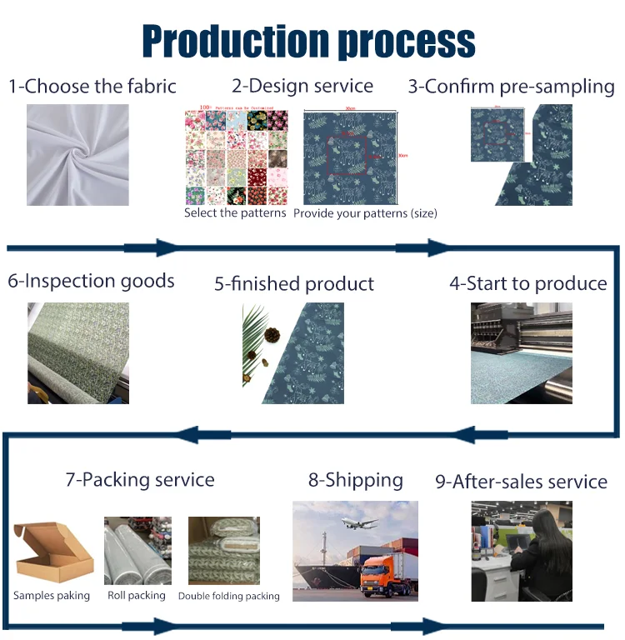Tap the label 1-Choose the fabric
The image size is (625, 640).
(92, 86)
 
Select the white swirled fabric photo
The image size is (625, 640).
(77, 155)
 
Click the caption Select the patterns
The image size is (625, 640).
(235, 213)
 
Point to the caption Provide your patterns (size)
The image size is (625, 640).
(365, 213)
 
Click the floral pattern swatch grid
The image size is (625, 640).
(236, 157)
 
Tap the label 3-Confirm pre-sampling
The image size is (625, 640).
(512, 87)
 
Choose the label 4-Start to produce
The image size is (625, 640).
(528, 283)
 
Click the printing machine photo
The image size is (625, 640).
(522, 353)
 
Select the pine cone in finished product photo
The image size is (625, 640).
(272, 334)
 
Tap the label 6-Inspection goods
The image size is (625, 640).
(92, 281)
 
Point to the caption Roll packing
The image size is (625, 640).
(137, 596)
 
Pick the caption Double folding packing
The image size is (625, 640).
(229, 597)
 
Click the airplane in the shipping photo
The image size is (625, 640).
(358, 522)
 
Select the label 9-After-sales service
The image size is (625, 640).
(521, 482)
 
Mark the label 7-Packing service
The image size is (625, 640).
(140, 480)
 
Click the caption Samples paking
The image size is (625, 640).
(52, 596)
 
